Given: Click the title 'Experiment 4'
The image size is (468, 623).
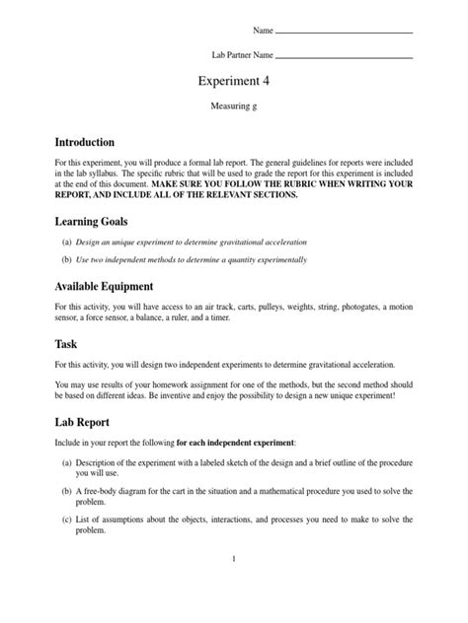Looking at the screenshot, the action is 233,81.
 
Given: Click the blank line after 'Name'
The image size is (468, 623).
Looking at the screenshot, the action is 345,33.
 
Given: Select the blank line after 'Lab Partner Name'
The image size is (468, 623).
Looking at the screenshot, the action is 345,56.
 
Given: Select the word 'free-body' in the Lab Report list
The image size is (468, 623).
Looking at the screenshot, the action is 107,490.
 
